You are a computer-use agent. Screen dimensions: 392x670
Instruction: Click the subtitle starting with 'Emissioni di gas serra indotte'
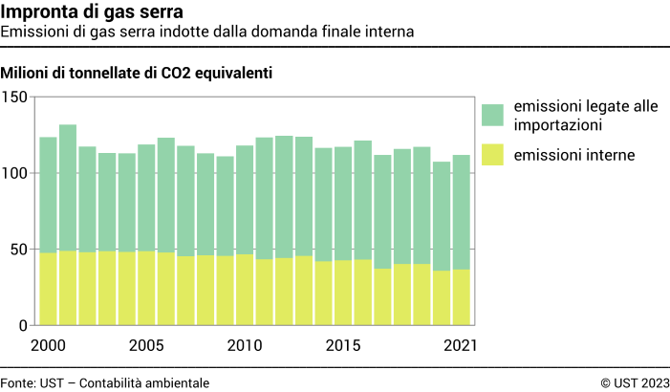(207, 32)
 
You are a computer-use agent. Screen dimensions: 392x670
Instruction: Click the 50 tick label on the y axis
(18, 250)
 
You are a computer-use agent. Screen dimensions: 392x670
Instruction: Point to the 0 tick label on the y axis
(22, 325)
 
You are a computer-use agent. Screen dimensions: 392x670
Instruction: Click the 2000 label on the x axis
(48, 344)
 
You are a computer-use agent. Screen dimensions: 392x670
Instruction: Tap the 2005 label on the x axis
(146, 344)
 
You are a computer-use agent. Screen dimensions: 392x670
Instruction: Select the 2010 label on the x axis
(244, 344)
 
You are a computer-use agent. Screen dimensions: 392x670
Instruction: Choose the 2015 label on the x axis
(342, 344)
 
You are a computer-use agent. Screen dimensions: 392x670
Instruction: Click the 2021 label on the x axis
(460, 344)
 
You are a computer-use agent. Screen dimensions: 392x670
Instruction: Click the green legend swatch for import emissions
(493, 116)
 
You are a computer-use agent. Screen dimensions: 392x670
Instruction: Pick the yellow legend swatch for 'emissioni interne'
(493, 153)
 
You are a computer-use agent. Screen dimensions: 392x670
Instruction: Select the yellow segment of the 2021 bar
(460, 297)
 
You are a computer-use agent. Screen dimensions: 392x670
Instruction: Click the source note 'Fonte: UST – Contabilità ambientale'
(105, 382)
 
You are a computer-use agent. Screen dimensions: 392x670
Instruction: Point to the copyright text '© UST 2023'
(635, 382)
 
